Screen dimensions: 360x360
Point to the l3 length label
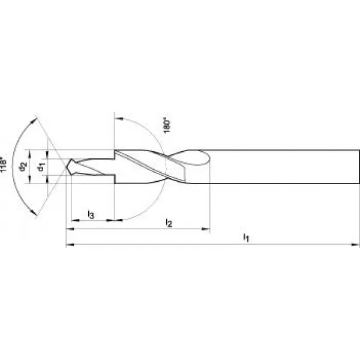(x=90, y=214)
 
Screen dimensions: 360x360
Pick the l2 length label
(x=169, y=223)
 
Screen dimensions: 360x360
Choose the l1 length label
(x=246, y=238)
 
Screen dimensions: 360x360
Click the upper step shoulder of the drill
(x=113, y=154)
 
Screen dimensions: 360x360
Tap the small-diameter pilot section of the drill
(x=90, y=166)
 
